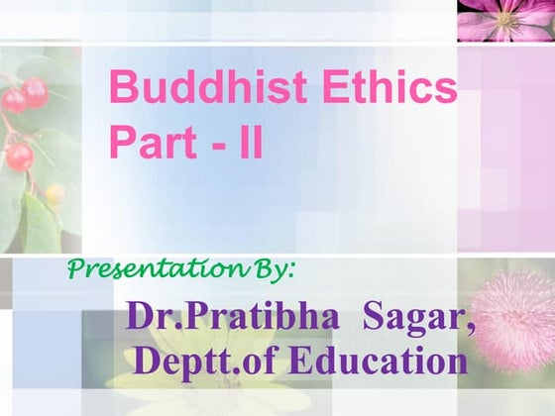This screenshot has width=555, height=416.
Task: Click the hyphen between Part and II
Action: pos(211,145)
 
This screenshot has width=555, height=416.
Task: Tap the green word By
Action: pos(281,267)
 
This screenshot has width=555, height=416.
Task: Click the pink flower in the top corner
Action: pos(505,20)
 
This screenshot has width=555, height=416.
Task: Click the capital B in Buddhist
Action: pos(123,88)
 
